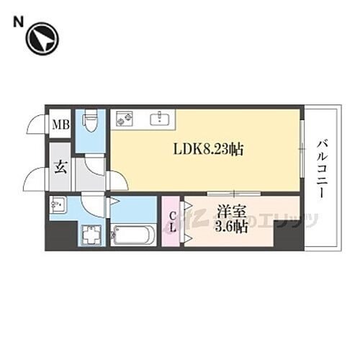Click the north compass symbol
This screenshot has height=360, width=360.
(x=43, y=40)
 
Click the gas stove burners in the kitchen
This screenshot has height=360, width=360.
(x=122, y=118)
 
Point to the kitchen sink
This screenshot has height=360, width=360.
(x=160, y=119)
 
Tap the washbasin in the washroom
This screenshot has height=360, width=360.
(x=58, y=207)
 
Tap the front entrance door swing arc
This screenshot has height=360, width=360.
(x=35, y=179)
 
